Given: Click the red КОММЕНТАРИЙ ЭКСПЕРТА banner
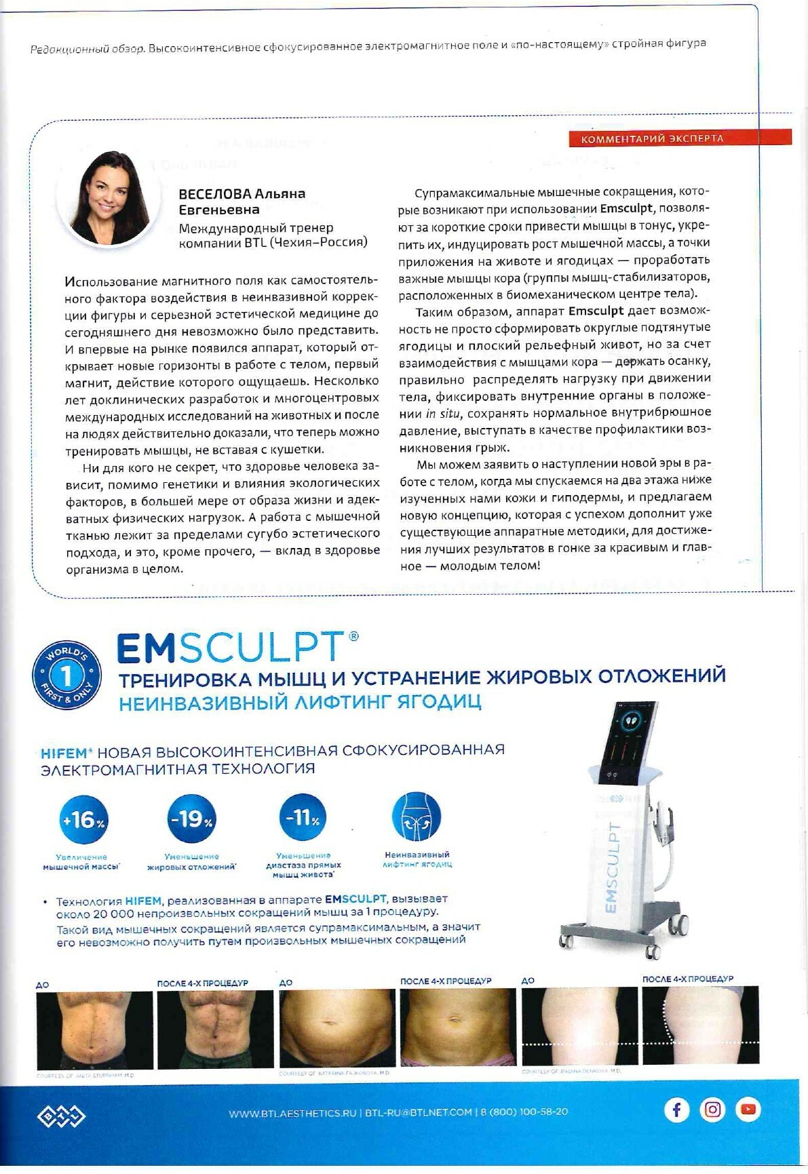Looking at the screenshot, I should point(680,138).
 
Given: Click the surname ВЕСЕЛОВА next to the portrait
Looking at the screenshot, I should point(213,194).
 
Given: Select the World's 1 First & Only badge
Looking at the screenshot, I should point(67,675).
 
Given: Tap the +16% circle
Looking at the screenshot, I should point(83,819).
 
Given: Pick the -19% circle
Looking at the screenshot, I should point(191,819).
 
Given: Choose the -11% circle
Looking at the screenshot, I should point(303,818).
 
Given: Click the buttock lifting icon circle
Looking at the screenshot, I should point(417,817).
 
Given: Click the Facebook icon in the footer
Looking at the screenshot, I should point(676,1110).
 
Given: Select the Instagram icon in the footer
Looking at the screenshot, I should point(712,1110).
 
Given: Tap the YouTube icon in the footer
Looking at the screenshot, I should point(748,1110).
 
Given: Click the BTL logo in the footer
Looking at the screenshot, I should point(61,1116).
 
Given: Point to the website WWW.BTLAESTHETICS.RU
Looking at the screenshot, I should point(292,1112).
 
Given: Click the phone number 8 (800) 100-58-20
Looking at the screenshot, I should point(524,1112).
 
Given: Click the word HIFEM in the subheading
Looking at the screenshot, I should point(64,752).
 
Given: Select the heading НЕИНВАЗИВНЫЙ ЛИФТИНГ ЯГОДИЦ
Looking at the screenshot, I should point(300,703).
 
